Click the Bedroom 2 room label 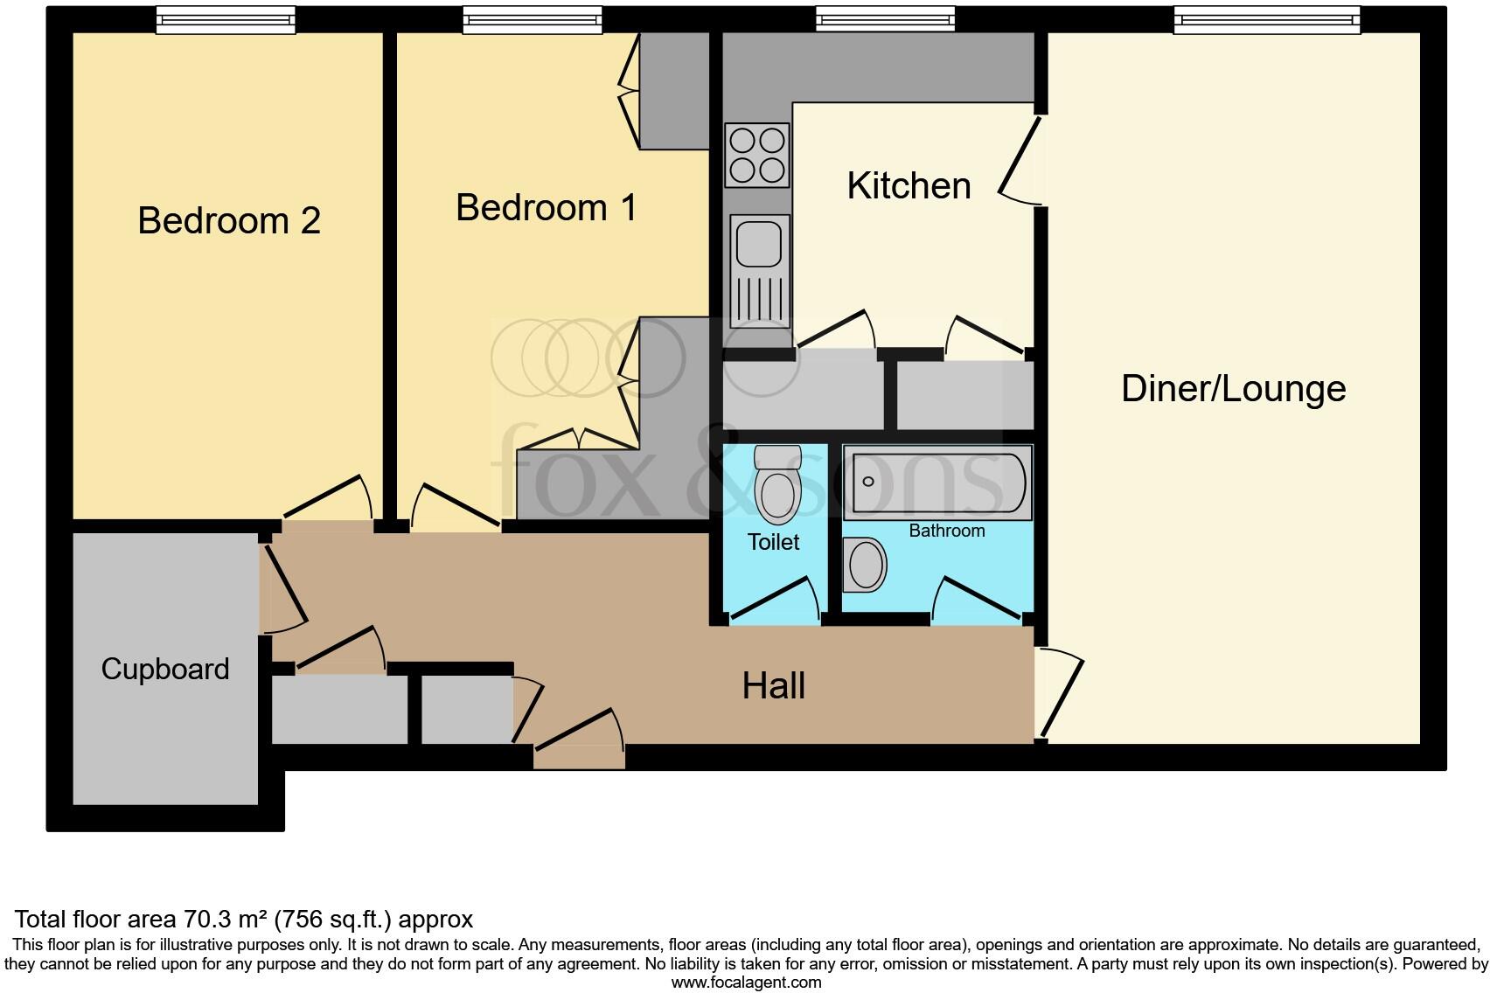tap(229, 220)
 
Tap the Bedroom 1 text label tap(546, 208)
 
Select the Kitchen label tap(909, 186)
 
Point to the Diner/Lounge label tap(1233, 389)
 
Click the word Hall tap(773, 686)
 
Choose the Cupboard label tap(165, 669)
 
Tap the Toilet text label tap(773, 542)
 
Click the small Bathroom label tap(946, 531)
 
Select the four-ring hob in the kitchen tap(757, 155)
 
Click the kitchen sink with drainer tap(758, 269)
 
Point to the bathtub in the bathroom tap(937, 483)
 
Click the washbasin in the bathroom tap(866, 565)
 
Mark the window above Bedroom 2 tap(226, 19)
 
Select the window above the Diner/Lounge tap(1266, 19)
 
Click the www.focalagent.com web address tap(746, 983)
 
